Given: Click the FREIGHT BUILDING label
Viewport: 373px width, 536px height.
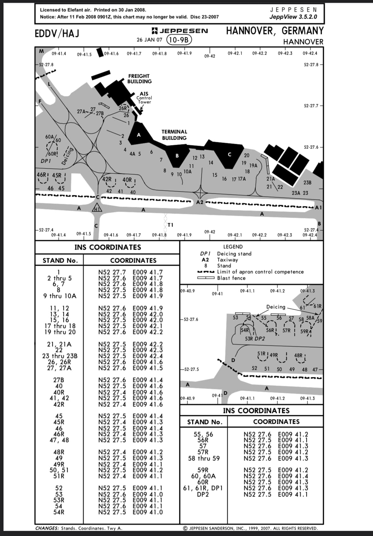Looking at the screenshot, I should click(139, 79).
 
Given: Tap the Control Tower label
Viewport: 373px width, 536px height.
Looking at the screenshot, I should click(144, 100).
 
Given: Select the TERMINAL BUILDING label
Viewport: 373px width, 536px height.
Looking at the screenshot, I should click(174, 135).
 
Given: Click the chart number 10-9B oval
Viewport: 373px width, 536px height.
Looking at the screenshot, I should click(179, 40).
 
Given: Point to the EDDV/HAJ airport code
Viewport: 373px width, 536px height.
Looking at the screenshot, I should click(57, 33).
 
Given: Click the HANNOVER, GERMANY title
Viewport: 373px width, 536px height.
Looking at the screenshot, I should click(275, 31).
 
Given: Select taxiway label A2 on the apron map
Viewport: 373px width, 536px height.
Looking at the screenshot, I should click(200, 202).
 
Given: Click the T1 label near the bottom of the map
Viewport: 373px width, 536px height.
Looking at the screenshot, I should click(170, 225).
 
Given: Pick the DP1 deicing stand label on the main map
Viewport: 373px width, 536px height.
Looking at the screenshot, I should click(46, 161).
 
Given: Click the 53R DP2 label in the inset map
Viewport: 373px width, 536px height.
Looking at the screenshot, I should click(255, 338).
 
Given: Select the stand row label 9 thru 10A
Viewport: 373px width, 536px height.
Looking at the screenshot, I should click(60, 296).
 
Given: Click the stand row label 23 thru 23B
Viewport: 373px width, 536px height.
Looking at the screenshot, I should click(60, 356).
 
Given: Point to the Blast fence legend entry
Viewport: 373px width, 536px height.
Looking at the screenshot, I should click(231, 278).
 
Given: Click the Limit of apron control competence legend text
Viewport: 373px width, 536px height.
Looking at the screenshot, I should click(260, 272).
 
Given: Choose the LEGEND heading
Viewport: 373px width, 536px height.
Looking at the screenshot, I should click(233, 247).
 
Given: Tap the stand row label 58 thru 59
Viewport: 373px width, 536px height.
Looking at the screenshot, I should click(204, 458).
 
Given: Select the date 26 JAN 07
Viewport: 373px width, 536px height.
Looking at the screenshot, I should click(149, 40).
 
